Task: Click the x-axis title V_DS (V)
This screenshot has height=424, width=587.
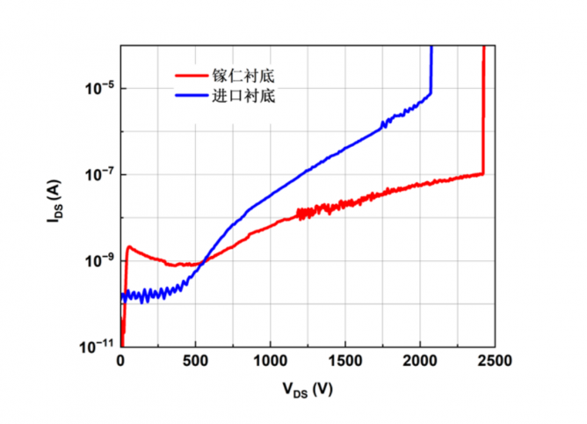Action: tap(308, 389)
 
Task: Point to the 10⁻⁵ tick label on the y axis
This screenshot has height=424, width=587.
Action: tap(98, 89)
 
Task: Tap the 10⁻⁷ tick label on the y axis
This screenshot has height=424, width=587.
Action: tap(98, 175)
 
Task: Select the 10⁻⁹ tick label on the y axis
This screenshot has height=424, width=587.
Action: tap(98, 261)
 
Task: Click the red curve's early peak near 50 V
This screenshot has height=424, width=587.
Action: tap(129, 247)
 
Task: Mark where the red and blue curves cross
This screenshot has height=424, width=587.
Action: tap(204, 261)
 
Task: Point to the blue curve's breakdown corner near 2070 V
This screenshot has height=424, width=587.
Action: tap(430, 92)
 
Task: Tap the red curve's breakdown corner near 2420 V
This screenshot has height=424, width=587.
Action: tap(482, 173)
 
